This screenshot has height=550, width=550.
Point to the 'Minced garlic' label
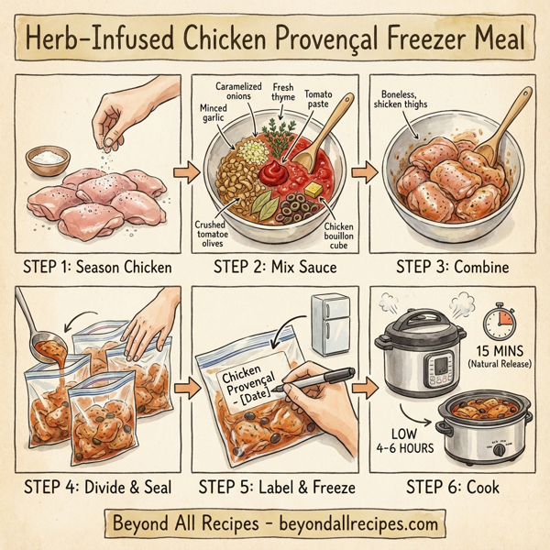coord(213,113)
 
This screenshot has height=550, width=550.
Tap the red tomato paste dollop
coord(274,171)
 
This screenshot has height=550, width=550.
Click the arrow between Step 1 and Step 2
coord(181,171)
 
